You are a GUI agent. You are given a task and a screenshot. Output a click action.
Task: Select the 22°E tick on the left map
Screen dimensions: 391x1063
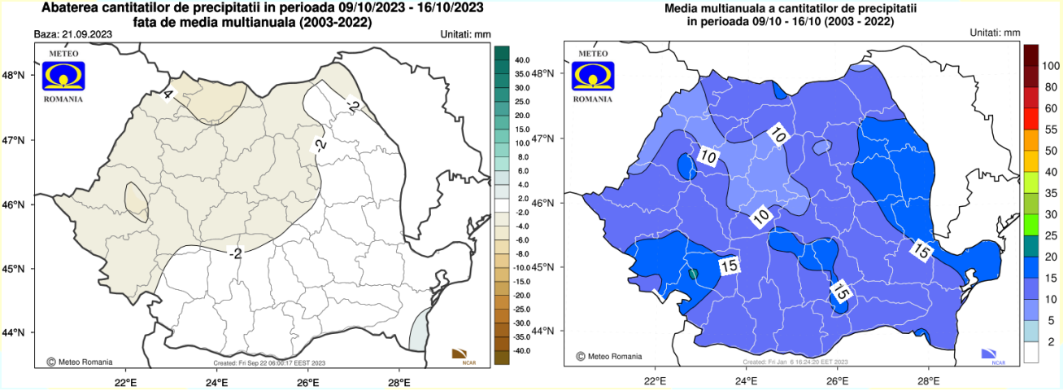pyautogui.click(x=124, y=381)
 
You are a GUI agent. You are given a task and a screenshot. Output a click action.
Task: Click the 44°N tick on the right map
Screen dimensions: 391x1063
pyautogui.click(x=553, y=332)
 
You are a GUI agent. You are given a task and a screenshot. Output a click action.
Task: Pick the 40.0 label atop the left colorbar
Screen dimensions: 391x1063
pyautogui.click(x=521, y=60)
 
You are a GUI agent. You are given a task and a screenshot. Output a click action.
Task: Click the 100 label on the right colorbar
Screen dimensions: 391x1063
pyautogui.click(x=1051, y=65)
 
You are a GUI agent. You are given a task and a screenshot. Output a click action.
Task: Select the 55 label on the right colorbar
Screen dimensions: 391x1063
pyautogui.click(x=1050, y=130)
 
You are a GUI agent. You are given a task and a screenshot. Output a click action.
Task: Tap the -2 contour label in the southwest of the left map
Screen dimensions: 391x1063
pyautogui.click(x=235, y=254)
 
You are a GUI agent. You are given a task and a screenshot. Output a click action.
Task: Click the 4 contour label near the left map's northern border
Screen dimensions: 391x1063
pyautogui.click(x=168, y=95)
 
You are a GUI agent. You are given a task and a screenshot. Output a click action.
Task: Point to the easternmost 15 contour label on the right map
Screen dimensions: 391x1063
pyautogui.click(x=920, y=252)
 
